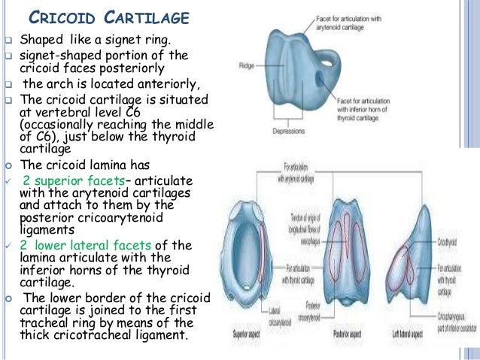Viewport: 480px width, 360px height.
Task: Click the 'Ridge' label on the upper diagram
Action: coord(245,65)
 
